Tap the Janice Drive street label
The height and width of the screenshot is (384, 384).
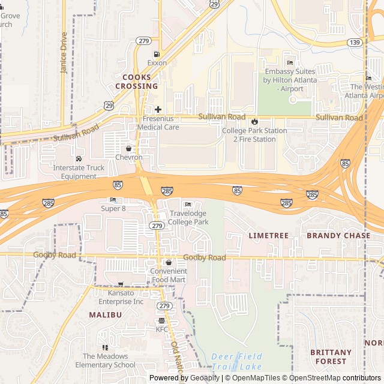click(x=64, y=53)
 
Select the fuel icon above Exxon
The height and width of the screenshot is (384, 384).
click(x=157, y=53)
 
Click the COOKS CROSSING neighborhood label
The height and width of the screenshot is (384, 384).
click(x=140, y=82)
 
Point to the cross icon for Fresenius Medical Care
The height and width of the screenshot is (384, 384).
click(x=158, y=109)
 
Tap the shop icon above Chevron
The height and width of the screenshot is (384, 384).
click(x=128, y=148)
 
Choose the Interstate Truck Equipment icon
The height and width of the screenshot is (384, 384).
click(x=79, y=158)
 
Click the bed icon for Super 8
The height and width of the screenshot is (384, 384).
click(x=113, y=200)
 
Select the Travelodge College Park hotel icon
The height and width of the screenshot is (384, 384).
click(x=188, y=205)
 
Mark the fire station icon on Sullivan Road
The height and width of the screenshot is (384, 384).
click(x=254, y=122)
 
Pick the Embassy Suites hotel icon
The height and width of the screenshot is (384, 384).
click(x=290, y=62)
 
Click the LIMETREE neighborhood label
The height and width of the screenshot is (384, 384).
click(x=269, y=236)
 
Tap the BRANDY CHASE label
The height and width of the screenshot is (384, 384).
click(x=338, y=236)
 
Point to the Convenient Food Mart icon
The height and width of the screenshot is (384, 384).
click(x=169, y=262)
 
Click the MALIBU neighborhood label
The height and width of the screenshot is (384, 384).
click(x=106, y=314)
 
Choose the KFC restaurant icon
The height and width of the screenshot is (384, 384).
click(x=162, y=320)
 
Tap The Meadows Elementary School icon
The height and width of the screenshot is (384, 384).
click(x=106, y=347)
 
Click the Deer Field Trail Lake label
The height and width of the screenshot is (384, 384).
click(x=236, y=361)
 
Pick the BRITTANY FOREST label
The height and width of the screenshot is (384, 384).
click(x=331, y=357)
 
